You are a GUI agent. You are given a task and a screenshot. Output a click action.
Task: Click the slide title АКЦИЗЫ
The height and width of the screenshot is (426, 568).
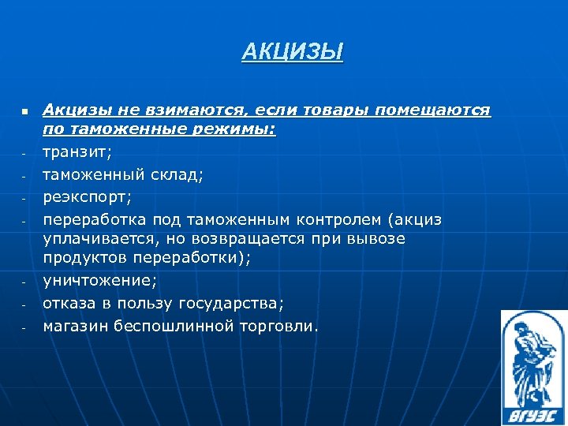tap(293, 53)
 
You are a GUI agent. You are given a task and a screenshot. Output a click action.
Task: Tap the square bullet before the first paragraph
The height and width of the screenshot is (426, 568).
tap(24, 113)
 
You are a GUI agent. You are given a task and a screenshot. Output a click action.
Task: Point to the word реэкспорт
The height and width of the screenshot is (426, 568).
tap(87, 196)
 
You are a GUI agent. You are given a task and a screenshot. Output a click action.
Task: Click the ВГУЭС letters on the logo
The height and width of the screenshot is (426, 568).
tap(533, 413)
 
